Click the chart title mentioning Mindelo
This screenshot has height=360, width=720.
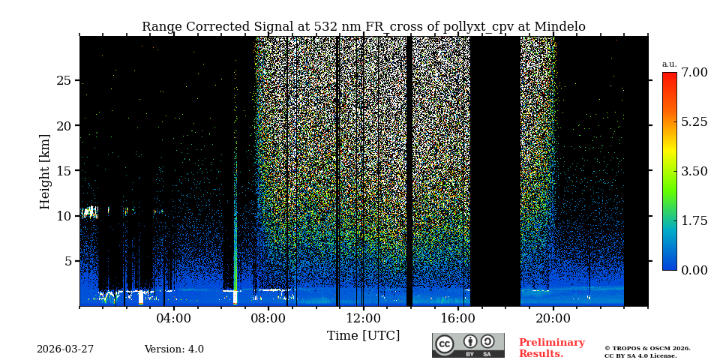[x=363, y=27]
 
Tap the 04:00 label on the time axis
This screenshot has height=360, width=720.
[x=174, y=318]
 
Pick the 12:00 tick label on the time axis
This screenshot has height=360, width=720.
[x=363, y=318]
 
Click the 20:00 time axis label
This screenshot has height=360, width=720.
[x=553, y=318]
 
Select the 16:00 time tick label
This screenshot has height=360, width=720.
[x=458, y=318]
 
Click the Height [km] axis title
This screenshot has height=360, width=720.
[x=45, y=171]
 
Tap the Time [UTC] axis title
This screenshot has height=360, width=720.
[x=363, y=335]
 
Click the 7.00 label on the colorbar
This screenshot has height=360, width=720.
[x=694, y=73]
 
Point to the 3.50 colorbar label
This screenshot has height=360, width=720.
[x=694, y=171]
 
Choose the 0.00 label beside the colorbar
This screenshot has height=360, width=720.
[x=694, y=270]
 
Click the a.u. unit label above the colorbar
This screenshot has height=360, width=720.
[x=669, y=64]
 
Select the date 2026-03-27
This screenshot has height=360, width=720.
[x=65, y=349]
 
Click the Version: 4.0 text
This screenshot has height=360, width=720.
[x=174, y=349]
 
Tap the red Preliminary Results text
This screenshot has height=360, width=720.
[x=551, y=348]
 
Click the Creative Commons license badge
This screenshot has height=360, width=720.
[x=468, y=345]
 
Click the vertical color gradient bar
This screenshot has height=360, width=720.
[x=669, y=171]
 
